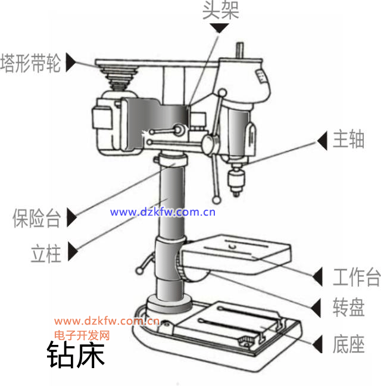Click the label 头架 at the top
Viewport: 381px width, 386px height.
click(x=221, y=10)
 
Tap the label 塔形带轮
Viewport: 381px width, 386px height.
click(x=30, y=63)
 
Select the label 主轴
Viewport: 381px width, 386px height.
click(x=348, y=139)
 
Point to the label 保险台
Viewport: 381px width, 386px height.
click(x=36, y=218)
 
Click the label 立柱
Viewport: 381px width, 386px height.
click(x=46, y=253)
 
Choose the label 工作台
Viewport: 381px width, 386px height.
click(x=357, y=277)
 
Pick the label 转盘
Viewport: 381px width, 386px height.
click(x=348, y=307)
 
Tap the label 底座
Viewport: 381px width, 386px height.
click(x=348, y=344)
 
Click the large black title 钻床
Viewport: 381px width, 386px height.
click(x=76, y=354)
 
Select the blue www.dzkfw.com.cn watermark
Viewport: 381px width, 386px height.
click(x=163, y=212)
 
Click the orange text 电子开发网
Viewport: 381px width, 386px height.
click(x=82, y=335)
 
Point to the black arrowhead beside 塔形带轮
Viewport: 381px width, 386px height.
click(x=71, y=63)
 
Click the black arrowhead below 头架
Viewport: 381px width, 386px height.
click(x=220, y=28)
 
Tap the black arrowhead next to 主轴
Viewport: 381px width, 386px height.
click(x=322, y=141)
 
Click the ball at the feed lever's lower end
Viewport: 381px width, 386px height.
click(x=217, y=200)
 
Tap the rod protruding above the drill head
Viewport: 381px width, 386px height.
click(x=240, y=51)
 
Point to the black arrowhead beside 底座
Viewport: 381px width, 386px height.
click(x=317, y=344)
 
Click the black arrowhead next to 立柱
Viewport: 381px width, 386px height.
click(x=73, y=251)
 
